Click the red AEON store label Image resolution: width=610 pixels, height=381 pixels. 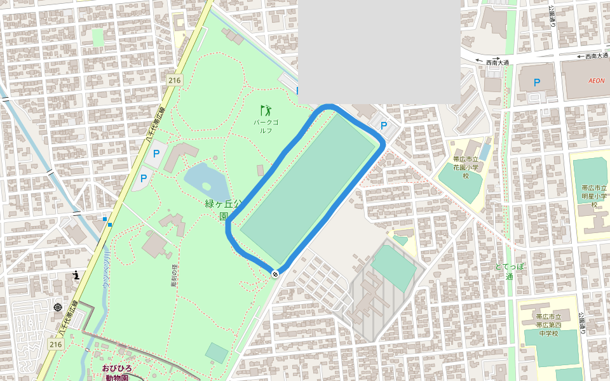(596, 81)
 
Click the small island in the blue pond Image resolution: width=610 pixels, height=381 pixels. (206, 187)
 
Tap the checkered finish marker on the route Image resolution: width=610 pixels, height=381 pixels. (275, 274)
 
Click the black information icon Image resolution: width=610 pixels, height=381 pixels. (76, 275)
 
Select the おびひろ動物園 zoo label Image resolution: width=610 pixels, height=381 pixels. (117, 373)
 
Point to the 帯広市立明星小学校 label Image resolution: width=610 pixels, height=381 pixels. (594, 196)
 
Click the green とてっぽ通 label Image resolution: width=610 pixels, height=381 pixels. (510, 271)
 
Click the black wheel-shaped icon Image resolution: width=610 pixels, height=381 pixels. (58, 307)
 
